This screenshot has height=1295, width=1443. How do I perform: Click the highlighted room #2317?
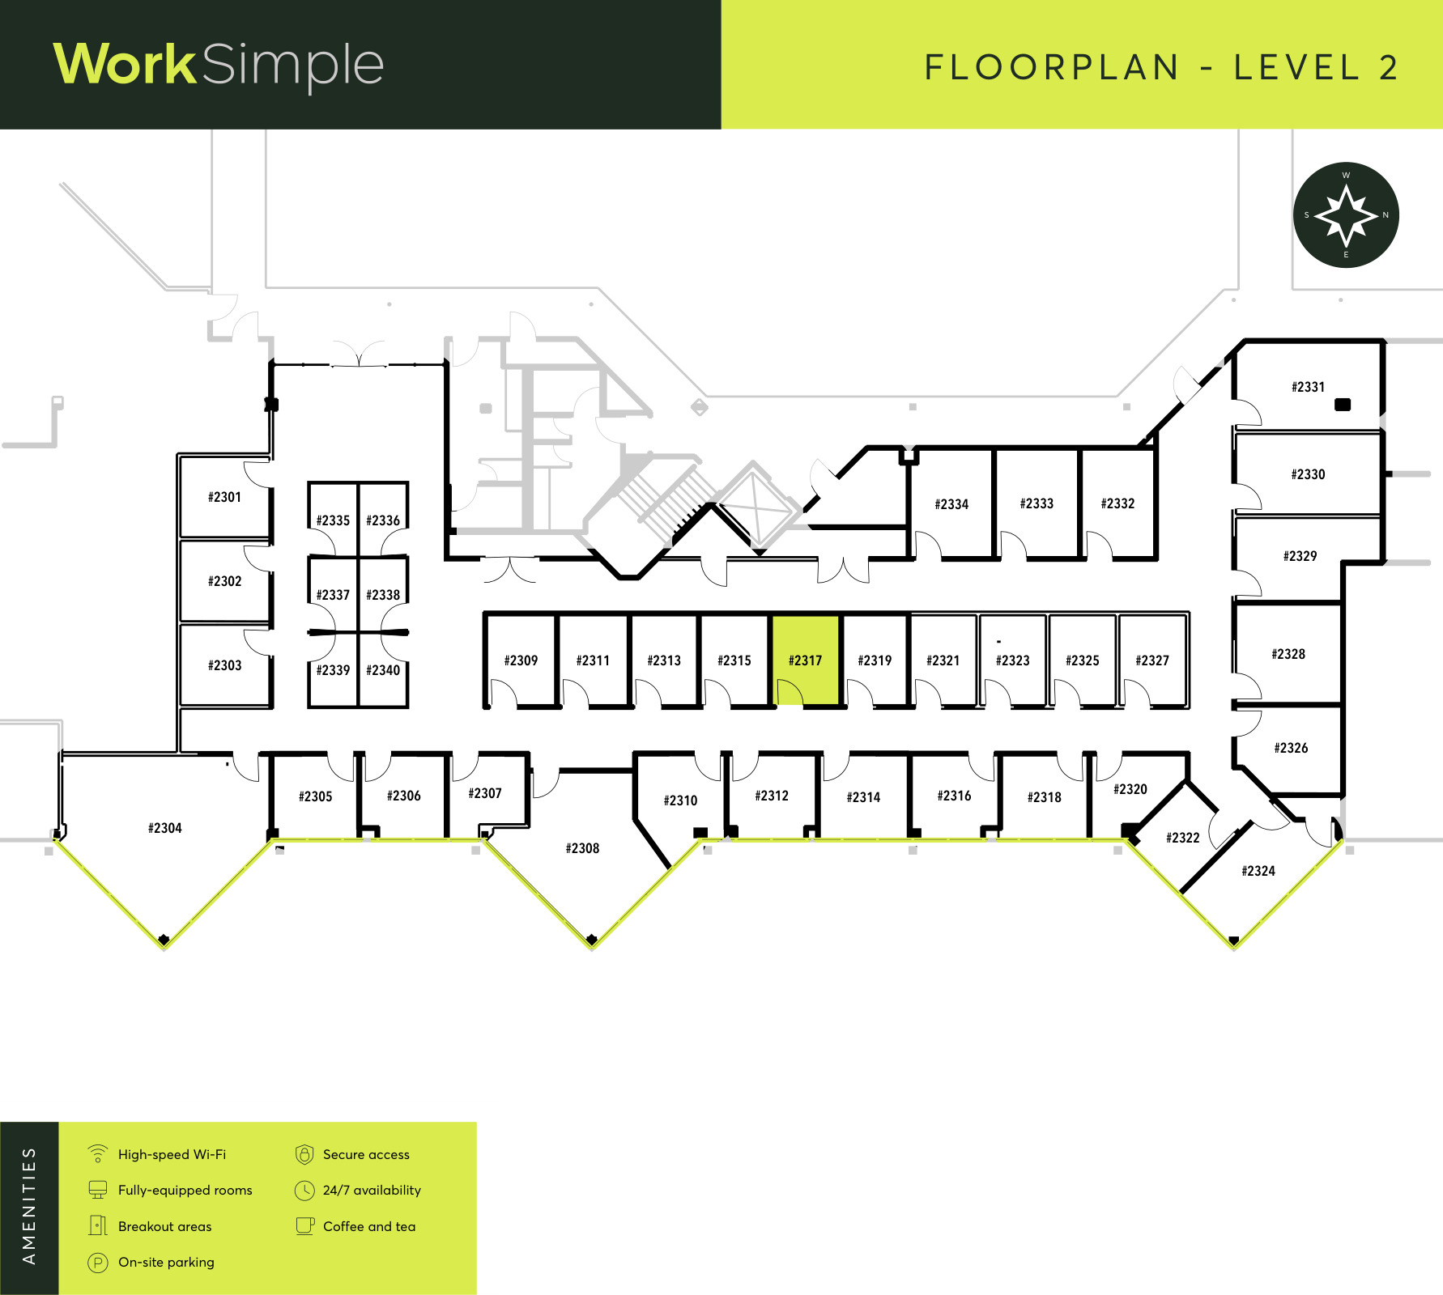coord(806,660)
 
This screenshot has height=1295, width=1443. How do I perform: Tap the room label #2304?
coord(165,828)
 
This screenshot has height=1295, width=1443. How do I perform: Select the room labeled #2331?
coord(1308,387)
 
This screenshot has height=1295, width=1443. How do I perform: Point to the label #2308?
coord(582,848)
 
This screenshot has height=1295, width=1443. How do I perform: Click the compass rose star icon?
coord(1346,215)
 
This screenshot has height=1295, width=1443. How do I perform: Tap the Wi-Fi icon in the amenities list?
coord(98,1153)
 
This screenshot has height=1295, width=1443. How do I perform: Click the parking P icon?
coord(98,1263)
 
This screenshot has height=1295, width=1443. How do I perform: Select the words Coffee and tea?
coord(369,1226)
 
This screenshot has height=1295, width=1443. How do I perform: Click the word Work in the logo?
coord(125,64)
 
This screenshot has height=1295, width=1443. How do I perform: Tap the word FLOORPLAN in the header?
coord(1052,67)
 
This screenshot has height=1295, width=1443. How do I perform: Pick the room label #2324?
coord(1258,871)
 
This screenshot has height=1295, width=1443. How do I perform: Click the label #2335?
coord(333,520)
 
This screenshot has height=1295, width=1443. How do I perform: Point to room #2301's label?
coord(224,497)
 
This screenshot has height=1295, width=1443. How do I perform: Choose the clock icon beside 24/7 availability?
coord(304,1191)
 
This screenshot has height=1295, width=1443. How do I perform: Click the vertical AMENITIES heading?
coord(29,1206)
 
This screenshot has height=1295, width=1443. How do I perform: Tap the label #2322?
coord(1183,838)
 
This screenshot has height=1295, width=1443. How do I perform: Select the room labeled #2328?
coord(1288,654)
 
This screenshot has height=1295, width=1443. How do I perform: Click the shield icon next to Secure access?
coord(304,1154)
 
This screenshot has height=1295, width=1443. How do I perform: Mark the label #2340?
coord(383,670)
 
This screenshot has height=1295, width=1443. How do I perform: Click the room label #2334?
coord(951,504)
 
